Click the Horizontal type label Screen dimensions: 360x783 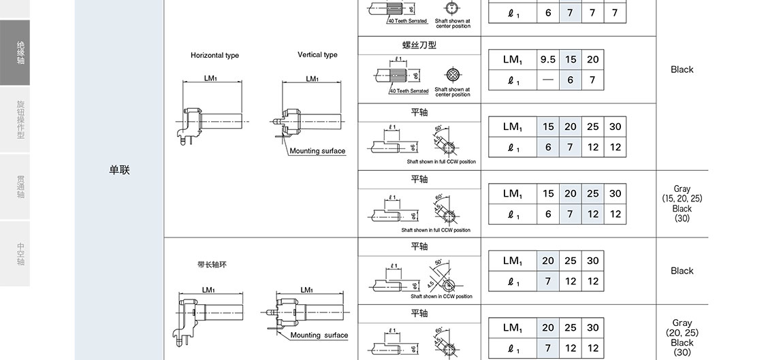click(214, 55)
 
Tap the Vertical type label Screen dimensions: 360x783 click(317, 54)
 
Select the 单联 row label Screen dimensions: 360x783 click(119, 170)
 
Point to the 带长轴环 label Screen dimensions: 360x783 click(212, 265)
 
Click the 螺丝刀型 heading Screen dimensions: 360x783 click(419, 45)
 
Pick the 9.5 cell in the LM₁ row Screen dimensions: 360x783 click(547, 59)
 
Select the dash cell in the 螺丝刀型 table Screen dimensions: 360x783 click(547, 80)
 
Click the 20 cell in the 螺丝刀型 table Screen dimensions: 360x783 click(592, 59)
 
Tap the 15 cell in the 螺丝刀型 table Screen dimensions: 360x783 click(570, 59)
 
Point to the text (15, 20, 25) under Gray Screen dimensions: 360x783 click(682, 199)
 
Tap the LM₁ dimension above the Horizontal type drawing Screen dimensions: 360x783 click(211, 78)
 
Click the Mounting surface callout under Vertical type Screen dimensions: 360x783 click(317, 151)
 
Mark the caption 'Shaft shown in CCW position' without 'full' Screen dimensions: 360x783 click(441, 297)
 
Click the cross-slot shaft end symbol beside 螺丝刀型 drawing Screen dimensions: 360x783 click(451, 75)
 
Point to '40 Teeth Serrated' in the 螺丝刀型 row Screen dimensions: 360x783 click(409, 91)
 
